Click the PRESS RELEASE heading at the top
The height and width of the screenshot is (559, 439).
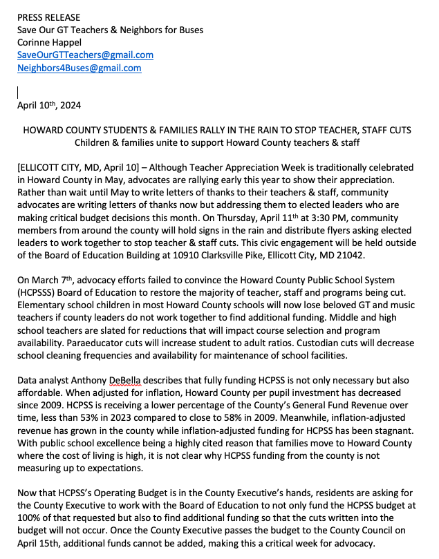[48, 17]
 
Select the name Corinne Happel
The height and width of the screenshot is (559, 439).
[52, 42]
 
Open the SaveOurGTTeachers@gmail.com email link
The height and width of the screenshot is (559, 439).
[85, 55]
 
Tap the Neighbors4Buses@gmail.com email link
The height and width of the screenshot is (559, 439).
[80, 68]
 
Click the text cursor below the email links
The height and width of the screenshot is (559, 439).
[18, 91]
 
